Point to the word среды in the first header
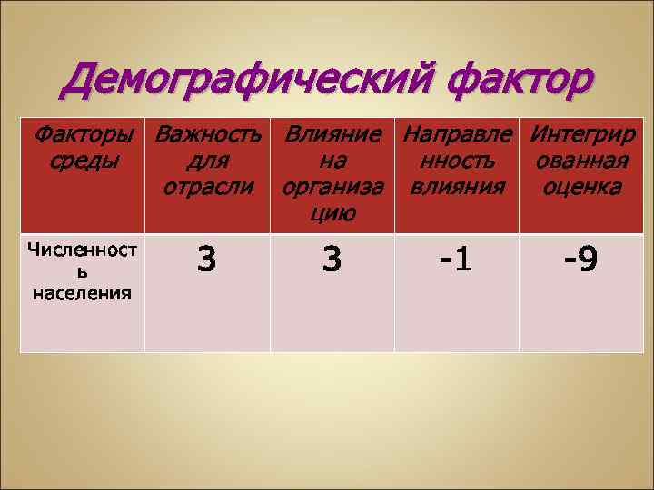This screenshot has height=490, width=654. pos(82,162)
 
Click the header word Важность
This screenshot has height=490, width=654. pos(208,136)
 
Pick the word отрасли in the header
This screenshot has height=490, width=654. pos(208,188)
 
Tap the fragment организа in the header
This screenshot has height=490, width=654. pos(332,188)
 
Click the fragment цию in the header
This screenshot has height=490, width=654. pos(332,213)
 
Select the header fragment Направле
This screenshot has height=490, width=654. pos(457,136)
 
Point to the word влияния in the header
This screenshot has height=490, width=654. pos(457,188)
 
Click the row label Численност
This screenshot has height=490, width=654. pos(82,250)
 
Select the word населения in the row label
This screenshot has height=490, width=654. pos(82,292)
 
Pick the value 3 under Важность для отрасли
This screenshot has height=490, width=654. pos(207,260)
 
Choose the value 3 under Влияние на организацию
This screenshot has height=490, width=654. pos(332,260)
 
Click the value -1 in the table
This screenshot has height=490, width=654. pos(457,260)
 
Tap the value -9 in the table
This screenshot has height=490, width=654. pos(581,260)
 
